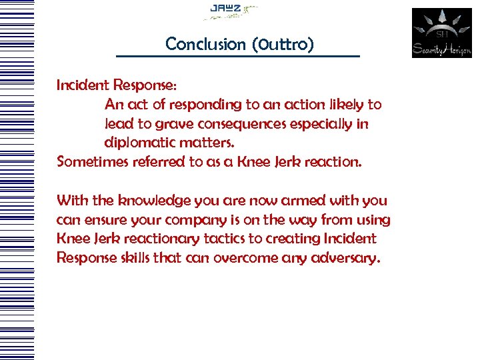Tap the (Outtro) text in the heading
coord(284,45)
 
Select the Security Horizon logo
coord(441,33)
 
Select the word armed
coord(304,201)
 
